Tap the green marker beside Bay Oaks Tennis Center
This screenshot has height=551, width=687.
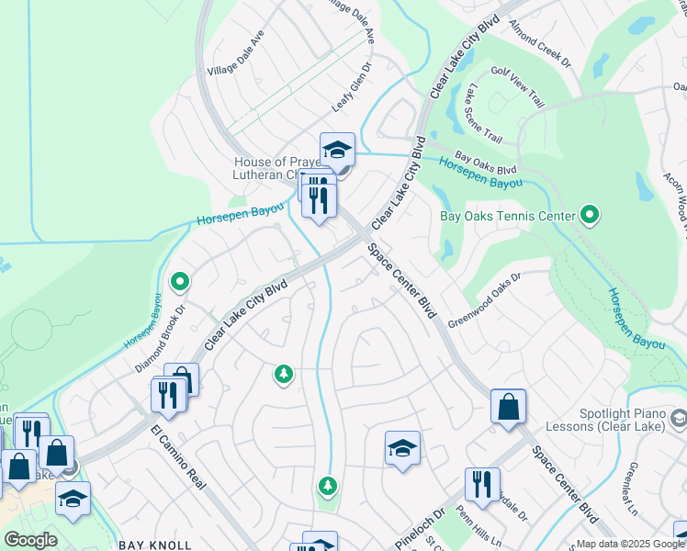(x=591, y=217)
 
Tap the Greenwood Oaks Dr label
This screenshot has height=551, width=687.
(x=484, y=299)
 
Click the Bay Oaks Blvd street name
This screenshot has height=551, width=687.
(x=486, y=164)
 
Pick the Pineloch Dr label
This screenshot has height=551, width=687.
(x=425, y=526)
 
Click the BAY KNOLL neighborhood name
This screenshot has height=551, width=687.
(x=154, y=545)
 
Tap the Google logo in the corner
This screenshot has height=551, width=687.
(x=30, y=540)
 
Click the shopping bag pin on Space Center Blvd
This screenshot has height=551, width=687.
(x=508, y=408)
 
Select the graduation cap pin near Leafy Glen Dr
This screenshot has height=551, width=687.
(x=337, y=151)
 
